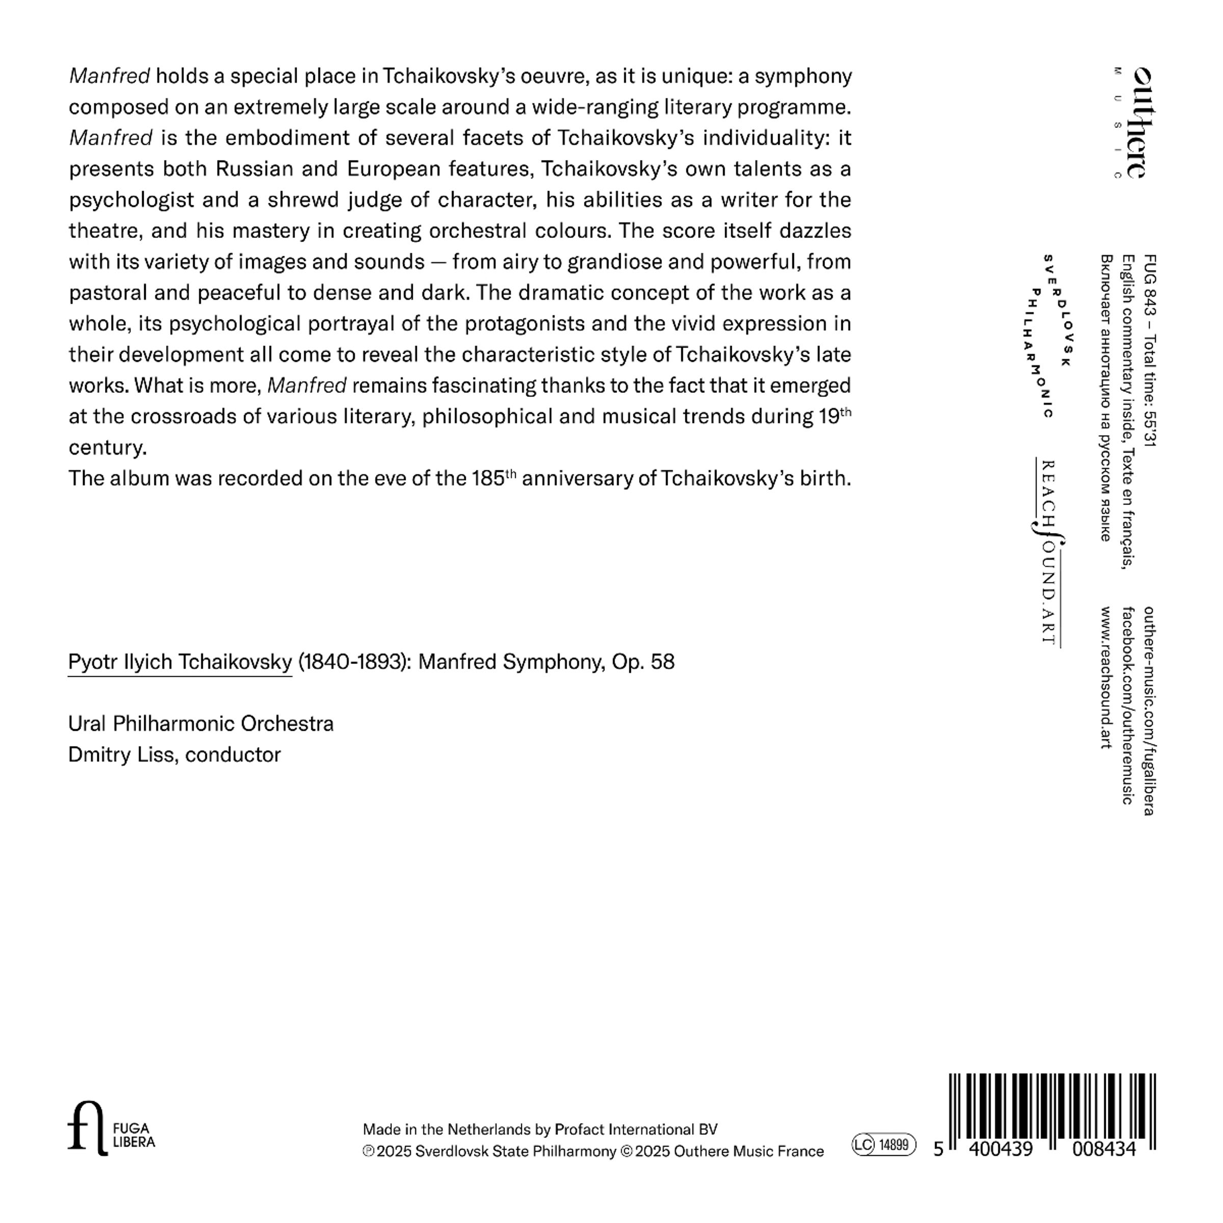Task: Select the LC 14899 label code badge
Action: coord(884,1145)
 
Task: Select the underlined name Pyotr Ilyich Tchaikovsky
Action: coord(180,662)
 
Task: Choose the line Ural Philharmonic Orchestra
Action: coord(201,724)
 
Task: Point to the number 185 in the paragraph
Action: coord(488,478)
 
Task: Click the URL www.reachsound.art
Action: coord(1105,677)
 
